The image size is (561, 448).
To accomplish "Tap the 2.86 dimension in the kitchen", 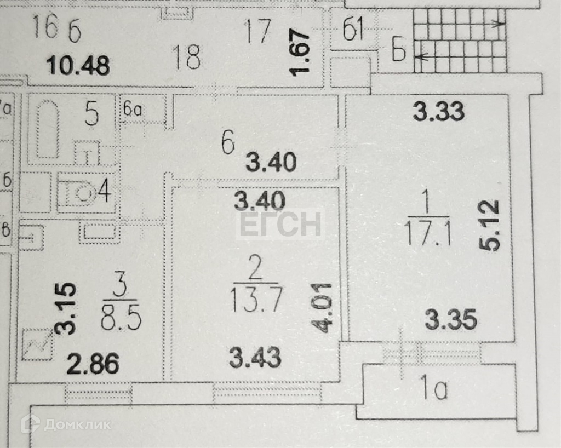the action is coord(93,363).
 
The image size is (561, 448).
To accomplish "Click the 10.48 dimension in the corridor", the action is coord(78,66).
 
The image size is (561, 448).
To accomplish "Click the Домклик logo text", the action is coord(77,424).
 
